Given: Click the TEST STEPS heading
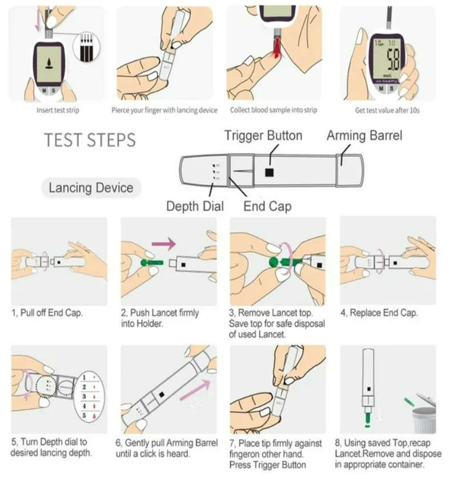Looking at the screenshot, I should tap(90, 140).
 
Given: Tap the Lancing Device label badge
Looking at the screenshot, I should tap(91, 188).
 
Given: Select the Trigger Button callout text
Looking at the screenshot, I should tap(263, 136).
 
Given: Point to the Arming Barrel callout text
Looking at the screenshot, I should tap(364, 136).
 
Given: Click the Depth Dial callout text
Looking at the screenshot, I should tap(195, 206).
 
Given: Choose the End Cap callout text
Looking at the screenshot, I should tap(267, 206).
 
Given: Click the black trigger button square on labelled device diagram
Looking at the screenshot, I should tap(270, 172).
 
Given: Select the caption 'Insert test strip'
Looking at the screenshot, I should tap(57, 110).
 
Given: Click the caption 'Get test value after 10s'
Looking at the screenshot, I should tap(387, 110).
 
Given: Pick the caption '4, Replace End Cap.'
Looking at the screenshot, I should tap(379, 313).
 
